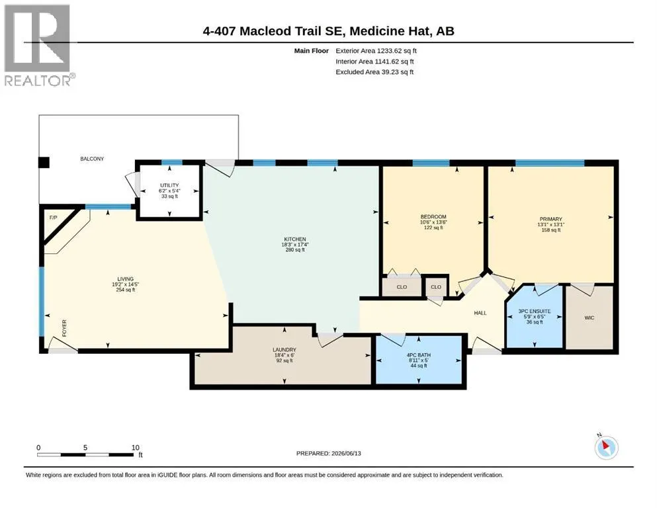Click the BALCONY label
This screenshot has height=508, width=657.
click(92, 159)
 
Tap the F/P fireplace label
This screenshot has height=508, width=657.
click(53, 218)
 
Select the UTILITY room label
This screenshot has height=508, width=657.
click(169, 185)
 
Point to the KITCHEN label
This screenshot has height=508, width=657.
click(295, 239)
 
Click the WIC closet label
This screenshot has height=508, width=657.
click(589, 318)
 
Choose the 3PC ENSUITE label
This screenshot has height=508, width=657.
click(534, 311)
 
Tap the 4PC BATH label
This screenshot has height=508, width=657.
click(419, 355)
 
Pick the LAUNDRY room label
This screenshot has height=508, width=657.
click(285, 350)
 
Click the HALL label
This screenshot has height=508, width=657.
click(480, 313)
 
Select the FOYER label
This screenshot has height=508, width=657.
click(65, 328)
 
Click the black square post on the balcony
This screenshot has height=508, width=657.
click(44, 162)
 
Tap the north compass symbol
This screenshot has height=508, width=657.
click(606, 448)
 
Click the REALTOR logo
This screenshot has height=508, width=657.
click(38, 45)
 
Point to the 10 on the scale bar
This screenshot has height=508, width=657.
click(136, 448)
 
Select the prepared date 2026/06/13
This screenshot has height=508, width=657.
click(346, 453)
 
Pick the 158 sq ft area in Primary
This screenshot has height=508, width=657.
click(551, 230)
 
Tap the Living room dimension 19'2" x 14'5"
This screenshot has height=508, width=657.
click(125, 284)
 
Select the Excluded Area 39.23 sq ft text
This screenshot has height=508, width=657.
click(374, 72)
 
